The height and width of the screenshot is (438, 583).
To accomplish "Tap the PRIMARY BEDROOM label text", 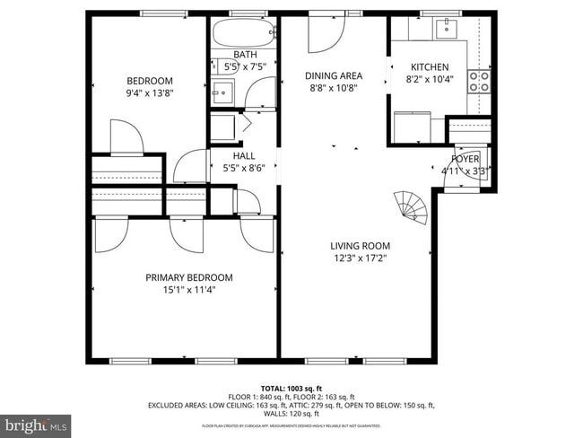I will pos(189,277).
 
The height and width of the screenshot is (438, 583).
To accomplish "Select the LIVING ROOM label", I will pos(360,246).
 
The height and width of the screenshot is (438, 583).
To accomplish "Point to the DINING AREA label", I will pos(334,76).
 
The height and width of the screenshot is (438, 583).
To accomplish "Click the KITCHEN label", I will pos(430,67).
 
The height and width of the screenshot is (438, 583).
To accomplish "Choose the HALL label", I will pos(232,155).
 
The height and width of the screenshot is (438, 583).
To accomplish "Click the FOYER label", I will pos(466,158).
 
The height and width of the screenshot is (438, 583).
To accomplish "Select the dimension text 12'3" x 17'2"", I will pos(360,258).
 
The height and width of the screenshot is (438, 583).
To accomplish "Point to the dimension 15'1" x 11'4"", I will pos(189,290).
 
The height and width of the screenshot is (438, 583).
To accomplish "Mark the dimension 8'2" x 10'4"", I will pos(430,80).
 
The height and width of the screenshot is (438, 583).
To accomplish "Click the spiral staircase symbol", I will pos(413,207).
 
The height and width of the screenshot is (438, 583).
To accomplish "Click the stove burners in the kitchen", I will pos(481,82).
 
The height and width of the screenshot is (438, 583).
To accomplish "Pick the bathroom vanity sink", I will pos(222,92).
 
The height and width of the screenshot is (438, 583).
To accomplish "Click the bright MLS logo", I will pos(36,424).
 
